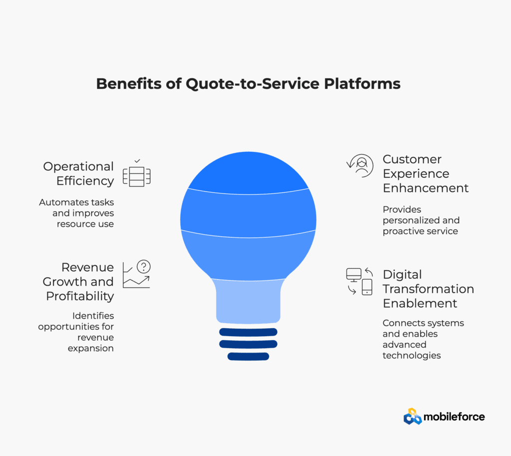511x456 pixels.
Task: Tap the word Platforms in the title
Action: tap(362, 83)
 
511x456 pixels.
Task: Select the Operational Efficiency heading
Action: tap(78, 173)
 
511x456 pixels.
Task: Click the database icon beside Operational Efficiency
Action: tap(137, 176)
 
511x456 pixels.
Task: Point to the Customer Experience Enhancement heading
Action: tap(426, 173)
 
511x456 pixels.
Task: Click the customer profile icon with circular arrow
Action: tap(360, 166)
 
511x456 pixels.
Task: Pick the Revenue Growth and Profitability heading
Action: tap(78, 282)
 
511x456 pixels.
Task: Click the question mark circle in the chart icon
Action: tap(144, 267)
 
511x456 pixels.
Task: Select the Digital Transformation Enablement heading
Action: tap(428, 289)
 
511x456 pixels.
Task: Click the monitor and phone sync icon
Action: tap(359, 282)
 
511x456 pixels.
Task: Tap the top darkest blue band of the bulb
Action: tap(249, 173)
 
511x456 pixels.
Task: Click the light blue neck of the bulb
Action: tap(249, 301)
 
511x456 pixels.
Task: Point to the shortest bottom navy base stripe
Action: tap(249, 357)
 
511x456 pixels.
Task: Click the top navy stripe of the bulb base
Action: tap(249, 332)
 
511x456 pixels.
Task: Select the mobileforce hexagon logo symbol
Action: tap(413, 417)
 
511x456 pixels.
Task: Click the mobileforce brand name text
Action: tap(454, 417)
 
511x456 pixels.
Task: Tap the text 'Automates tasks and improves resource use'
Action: tap(76, 213)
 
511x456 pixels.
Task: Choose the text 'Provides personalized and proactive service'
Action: tap(421, 220)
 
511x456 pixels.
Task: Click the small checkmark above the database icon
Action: tap(137, 161)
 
